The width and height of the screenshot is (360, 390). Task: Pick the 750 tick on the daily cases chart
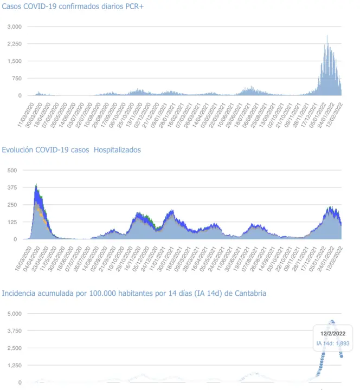pyautogui.click(x=17, y=79)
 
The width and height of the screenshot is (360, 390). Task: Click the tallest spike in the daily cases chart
pyautogui.click(x=327, y=36)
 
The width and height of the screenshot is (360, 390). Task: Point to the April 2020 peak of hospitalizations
pyautogui.click(x=36, y=185)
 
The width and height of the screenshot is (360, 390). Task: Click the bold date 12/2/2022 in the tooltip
pyautogui.click(x=333, y=334)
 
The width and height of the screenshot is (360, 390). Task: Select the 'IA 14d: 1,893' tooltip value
pyautogui.click(x=333, y=343)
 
